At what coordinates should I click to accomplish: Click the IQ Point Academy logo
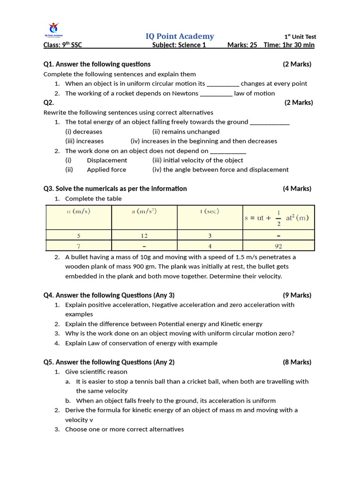pyautogui.click(x=54, y=29)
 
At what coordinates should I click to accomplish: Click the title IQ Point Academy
pyautogui.click(x=180, y=36)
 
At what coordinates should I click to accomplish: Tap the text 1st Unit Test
pyautogui.click(x=300, y=37)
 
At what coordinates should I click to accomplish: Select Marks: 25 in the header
pyautogui.click(x=242, y=45)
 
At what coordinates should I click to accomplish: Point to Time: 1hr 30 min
pyautogui.click(x=289, y=45)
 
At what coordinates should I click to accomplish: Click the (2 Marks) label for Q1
pyautogui.click(x=297, y=64)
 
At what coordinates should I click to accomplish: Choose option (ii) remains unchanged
pyautogui.click(x=186, y=132)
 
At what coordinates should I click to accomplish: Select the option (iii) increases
pyautogui.click(x=84, y=141)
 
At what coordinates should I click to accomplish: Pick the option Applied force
pyautogui.click(x=106, y=170)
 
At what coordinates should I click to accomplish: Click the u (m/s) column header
pyautogui.click(x=78, y=211)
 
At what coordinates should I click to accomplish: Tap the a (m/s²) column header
pyautogui.click(x=144, y=211)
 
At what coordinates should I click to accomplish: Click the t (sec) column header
pyautogui.click(x=209, y=211)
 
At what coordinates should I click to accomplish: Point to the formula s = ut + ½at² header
pyautogui.click(x=277, y=217)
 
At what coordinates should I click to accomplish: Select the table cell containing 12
pyautogui.click(x=144, y=235)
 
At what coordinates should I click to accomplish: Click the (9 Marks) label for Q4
pyautogui.click(x=297, y=295)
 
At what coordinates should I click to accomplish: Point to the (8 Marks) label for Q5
pyautogui.click(x=297, y=362)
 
